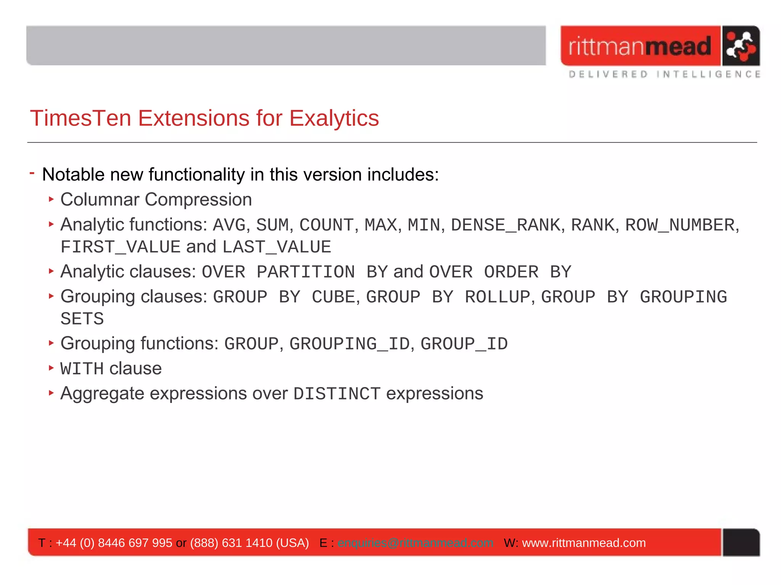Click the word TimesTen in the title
point(80,118)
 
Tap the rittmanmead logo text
point(640,46)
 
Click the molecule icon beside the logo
point(740,46)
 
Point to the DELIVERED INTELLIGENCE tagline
point(664,74)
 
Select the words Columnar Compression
point(156,200)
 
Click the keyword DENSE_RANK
point(506,225)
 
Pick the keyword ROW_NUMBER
point(680,225)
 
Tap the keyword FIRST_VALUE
point(120,247)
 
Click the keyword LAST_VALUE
point(276,247)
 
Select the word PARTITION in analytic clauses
point(305,272)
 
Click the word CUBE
point(333,297)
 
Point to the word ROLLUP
point(497,297)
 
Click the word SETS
point(82,319)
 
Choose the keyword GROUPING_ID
point(349,344)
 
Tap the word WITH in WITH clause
point(82,369)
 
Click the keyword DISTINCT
point(337,394)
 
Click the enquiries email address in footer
point(415,543)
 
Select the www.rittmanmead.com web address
point(583,543)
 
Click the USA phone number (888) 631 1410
point(231,543)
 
